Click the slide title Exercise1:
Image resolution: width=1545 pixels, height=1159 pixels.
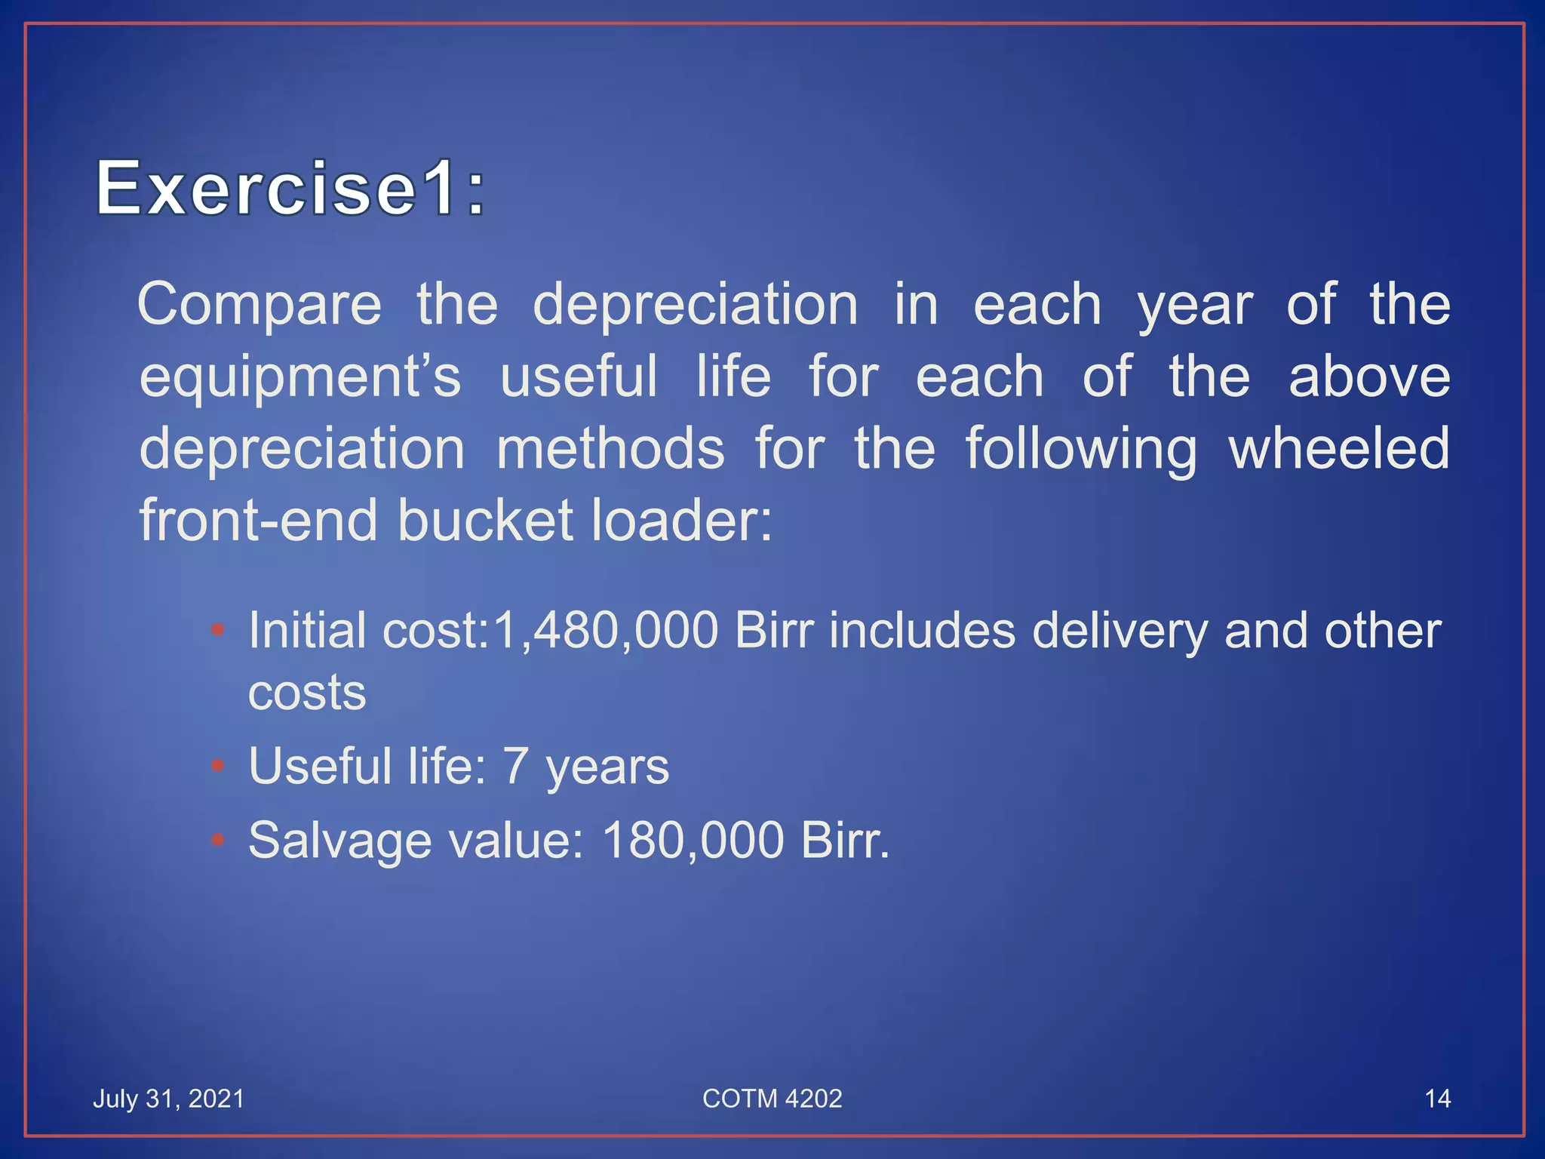290,188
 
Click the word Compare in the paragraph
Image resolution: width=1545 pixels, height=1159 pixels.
260,305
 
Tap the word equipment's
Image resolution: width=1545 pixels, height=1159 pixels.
299,377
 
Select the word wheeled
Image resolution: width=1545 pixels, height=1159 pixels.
1339,448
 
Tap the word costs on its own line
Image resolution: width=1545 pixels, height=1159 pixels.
307,693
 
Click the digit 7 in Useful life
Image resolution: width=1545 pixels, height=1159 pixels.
515,766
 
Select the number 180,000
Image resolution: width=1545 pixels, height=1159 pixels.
693,840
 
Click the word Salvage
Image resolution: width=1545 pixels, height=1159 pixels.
340,840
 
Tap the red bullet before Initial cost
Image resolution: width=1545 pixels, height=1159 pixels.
218,630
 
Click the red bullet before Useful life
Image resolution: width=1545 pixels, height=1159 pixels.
218,767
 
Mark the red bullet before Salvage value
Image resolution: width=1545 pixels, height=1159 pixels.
218,840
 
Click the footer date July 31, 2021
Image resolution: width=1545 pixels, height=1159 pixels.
169,1099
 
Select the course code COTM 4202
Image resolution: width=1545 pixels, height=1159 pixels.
772,1099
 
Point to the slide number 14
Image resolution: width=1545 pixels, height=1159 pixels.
1437,1099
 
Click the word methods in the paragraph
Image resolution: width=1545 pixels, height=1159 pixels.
610,448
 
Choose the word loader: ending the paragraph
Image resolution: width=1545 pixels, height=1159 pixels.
682,520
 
